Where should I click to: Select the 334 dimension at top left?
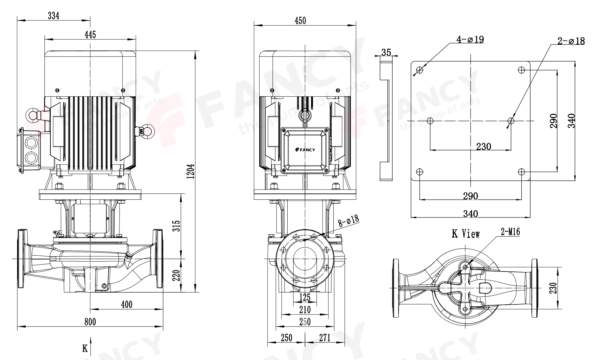click(x=54, y=15)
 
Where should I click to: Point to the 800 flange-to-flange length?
click(x=90, y=321)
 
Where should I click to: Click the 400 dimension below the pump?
click(x=126, y=304)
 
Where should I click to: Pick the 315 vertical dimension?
click(x=177, y=226)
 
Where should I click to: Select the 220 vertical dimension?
click(x=177, y=275)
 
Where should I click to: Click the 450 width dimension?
click(x=300, y=20)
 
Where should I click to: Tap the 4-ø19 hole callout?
click(x=470, y=40)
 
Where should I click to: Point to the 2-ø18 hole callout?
click(x=571, y=41)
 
